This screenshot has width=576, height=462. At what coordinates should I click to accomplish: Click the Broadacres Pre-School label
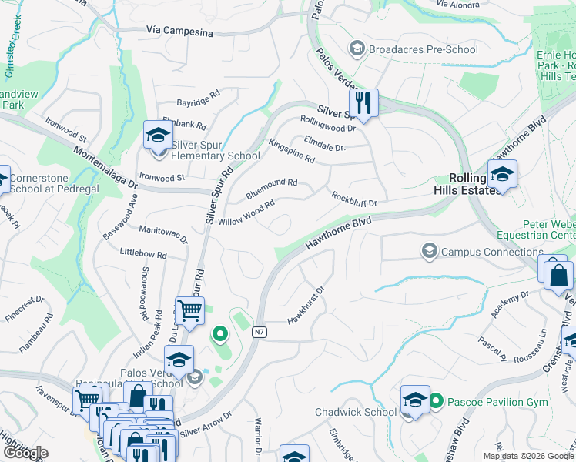(x=424, y=49)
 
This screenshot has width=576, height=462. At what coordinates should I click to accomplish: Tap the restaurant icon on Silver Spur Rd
(x=362, y=102)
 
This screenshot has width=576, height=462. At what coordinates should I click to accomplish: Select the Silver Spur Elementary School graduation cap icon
(x=158, y=136)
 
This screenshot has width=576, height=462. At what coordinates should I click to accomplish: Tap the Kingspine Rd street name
(x=292, y=151)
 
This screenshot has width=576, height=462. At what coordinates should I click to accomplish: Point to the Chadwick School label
(x=356, y=413)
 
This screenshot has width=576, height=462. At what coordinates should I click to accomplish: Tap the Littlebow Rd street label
(x=143, y=253)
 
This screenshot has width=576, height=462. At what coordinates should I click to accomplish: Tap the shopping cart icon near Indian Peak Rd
(x=189, y=310)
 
